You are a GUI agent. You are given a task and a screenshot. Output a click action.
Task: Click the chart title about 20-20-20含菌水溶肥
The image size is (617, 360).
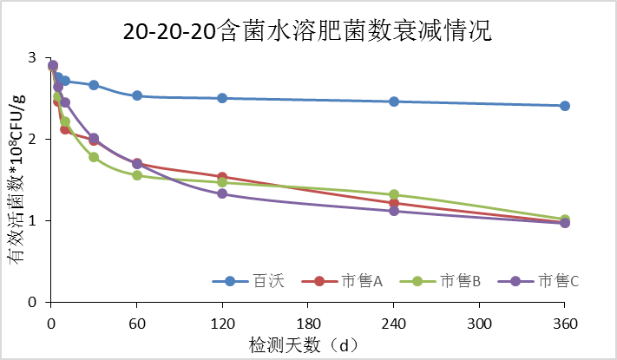point(307,32)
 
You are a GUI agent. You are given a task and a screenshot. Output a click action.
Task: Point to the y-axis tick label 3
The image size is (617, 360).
point(34,58)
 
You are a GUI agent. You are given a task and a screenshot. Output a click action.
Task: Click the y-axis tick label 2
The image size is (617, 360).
point(34,140)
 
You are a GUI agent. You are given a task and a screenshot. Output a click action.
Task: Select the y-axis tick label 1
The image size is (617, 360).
point(34,221)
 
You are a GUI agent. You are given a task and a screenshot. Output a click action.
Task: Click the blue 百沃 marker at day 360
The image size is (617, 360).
point(564,106)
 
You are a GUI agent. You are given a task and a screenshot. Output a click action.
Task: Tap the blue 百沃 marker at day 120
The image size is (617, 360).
point(222,98)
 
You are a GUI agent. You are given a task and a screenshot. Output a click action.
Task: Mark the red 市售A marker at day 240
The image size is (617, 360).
point(393,203)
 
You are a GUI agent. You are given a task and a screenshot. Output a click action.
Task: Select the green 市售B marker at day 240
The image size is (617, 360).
point(393,195)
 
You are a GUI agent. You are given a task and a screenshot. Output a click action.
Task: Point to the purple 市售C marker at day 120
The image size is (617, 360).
point(222,193)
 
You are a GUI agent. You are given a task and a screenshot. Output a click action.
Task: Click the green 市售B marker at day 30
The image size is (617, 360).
point(94,157)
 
